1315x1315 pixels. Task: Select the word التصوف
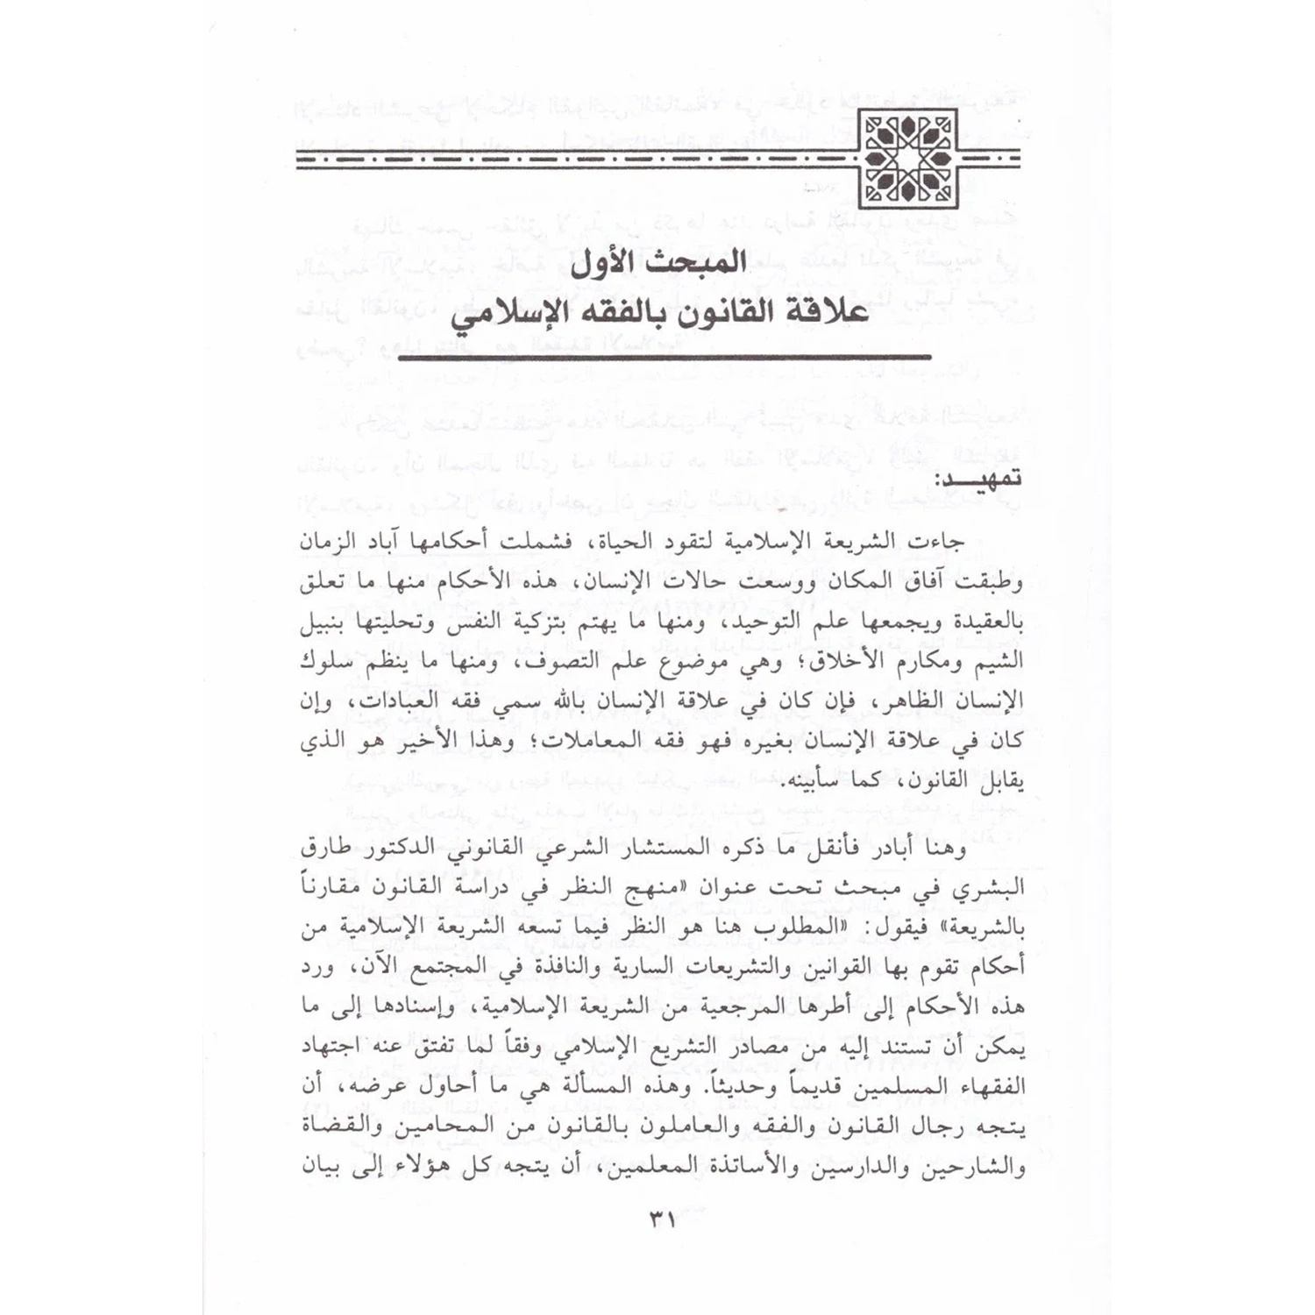click(x=562, y=663)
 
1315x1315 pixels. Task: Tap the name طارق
click(x=325, y=849)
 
